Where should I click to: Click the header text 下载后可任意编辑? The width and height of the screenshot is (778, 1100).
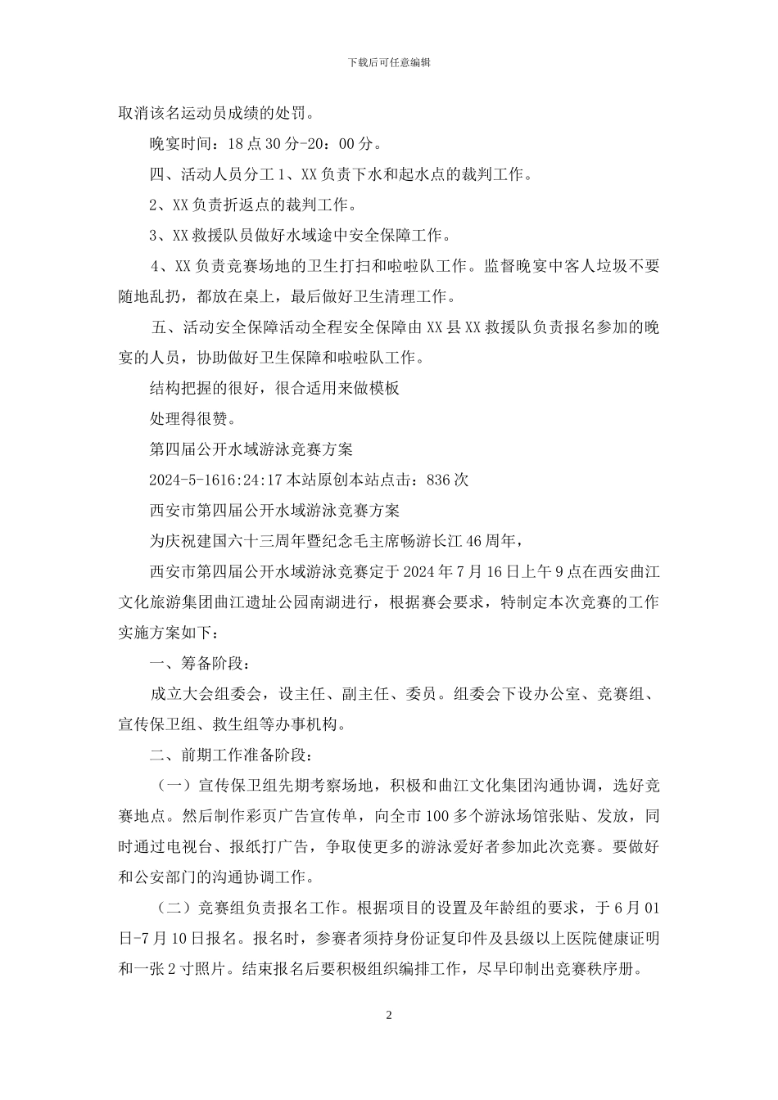[389, 61]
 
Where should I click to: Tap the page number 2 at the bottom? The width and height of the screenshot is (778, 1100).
[389, 1016]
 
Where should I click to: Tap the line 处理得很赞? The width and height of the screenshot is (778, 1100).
[192, 419]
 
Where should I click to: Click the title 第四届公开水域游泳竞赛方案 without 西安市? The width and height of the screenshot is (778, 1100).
[251, 449]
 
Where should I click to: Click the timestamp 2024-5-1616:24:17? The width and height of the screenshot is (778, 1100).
[215, 480]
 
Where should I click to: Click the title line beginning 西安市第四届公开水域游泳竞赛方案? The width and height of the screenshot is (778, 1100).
[274, 511]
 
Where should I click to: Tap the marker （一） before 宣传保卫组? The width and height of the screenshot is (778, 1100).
[174, 786]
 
